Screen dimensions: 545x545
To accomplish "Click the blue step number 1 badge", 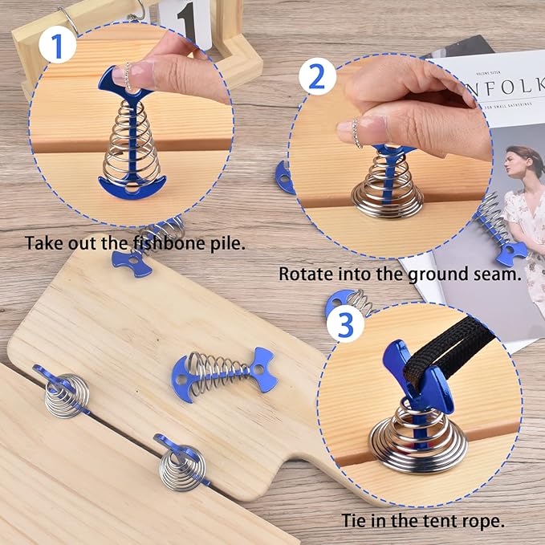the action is (57, 44).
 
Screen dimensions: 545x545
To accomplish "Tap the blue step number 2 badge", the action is (317, 76).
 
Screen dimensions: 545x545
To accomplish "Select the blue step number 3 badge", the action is (345, 324).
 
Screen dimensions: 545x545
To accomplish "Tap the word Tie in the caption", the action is (354, 520).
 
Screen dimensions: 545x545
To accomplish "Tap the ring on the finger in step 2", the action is (356, 132).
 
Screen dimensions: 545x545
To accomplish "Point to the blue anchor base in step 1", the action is (132, 188).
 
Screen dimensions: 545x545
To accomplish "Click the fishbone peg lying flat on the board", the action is (224, 375).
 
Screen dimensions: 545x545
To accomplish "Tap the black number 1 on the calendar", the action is (188, 22).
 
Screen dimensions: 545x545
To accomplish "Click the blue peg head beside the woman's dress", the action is (511, 253).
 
